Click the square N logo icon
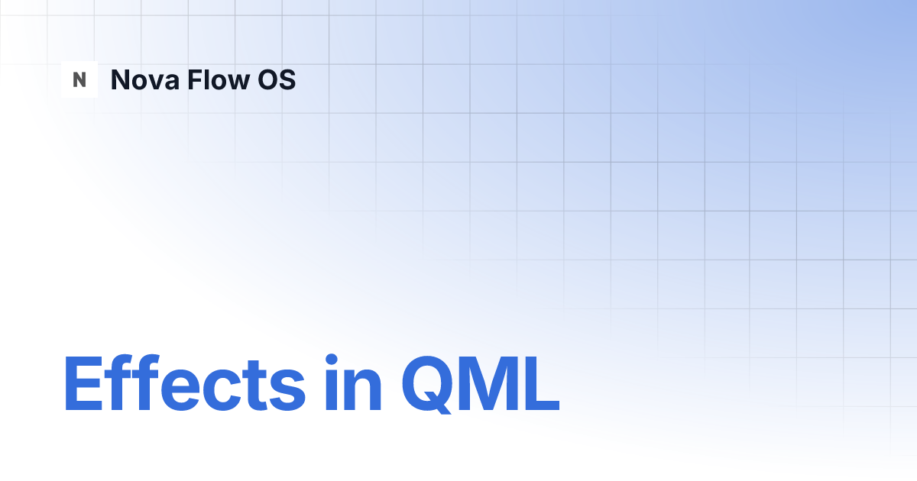pos(79,79)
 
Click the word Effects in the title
pos(184,383)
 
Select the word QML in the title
pos(480,383)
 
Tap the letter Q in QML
pos(429,383)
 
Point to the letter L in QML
pos(543,383)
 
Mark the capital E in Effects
pos(82,383)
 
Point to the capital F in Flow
pos(193,79)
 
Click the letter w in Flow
pos(237,82)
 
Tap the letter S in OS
pos(287,79)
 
